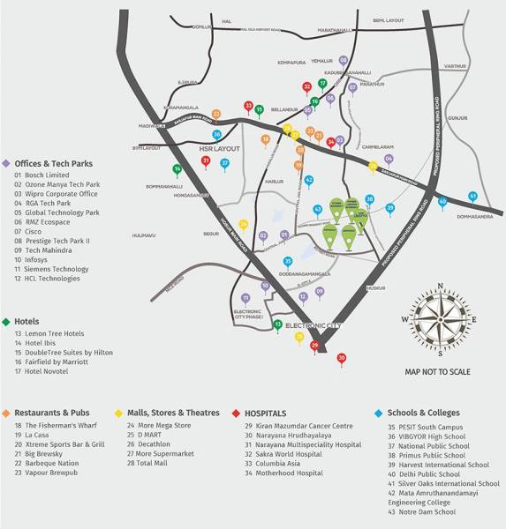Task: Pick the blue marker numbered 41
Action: [472, 196]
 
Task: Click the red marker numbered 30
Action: [342, 358]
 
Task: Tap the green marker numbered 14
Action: [177, 168]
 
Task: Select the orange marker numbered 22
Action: [216, 114]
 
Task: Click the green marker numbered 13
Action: [277, 324]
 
